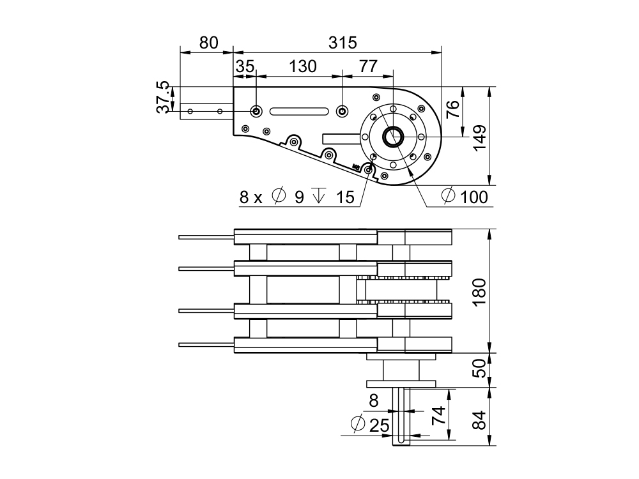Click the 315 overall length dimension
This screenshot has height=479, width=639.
[x=342, y=43]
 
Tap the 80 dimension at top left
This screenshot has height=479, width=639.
[x=208, y=43]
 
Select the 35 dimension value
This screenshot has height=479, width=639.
[x=245, y=66]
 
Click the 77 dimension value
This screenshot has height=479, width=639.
[x=367, y=66]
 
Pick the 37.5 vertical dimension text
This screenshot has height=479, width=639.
[x=163, y=97]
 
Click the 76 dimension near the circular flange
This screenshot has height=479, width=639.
[x=452, y=109]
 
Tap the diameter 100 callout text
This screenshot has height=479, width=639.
[x=465, y=197]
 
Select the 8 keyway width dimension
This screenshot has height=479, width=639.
[x=374, y=401]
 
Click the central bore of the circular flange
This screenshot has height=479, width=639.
[x=392, y=136]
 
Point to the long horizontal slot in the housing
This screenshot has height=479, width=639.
[x=299, y=112]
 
